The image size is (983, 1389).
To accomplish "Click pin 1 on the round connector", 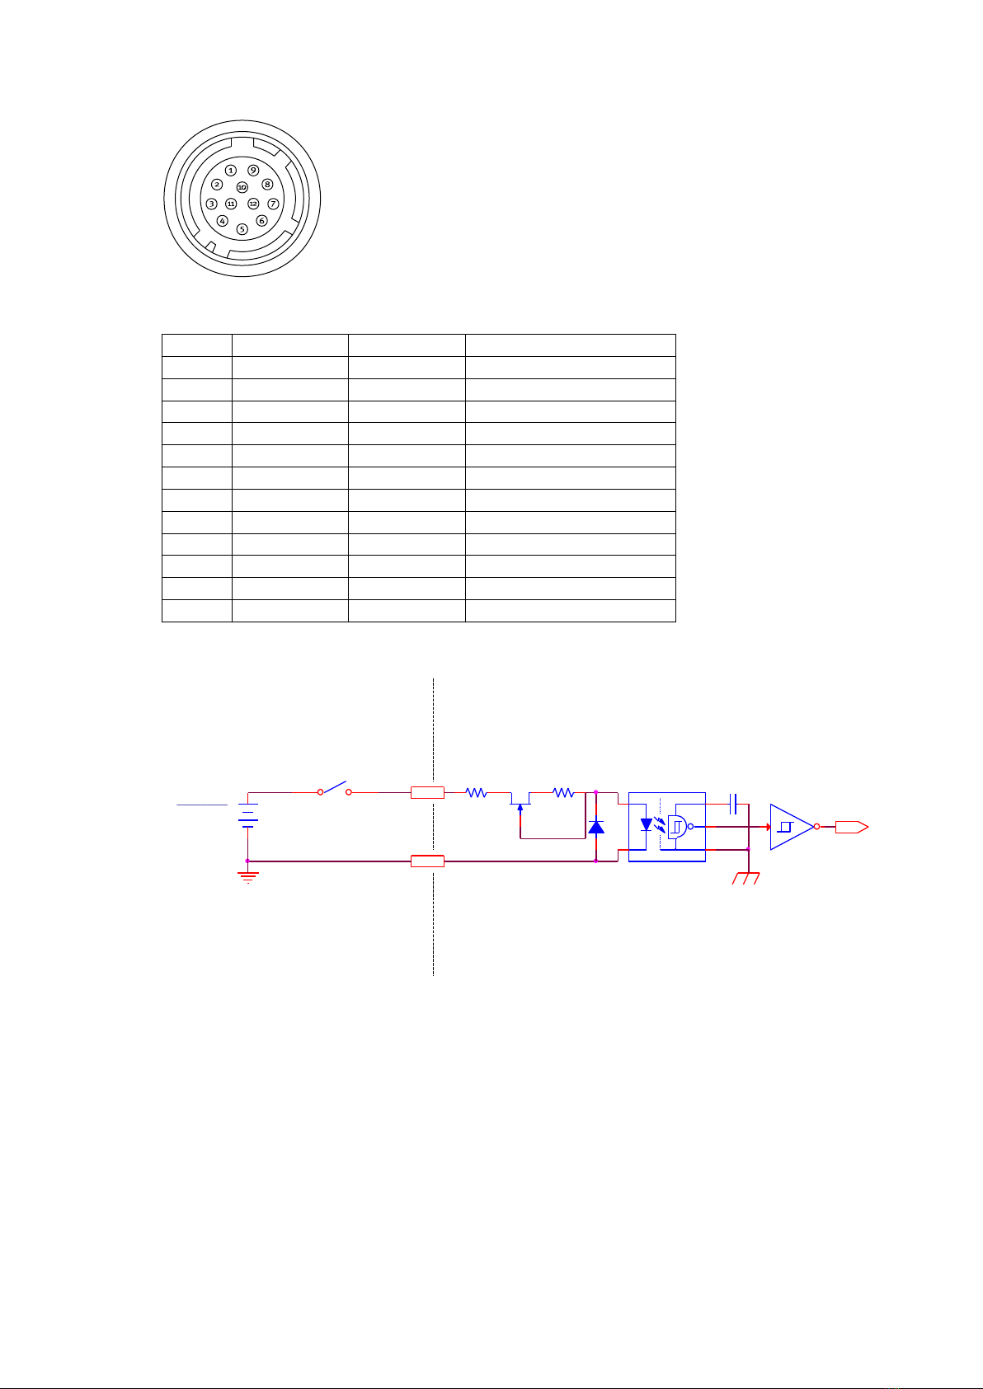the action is pos(231,170).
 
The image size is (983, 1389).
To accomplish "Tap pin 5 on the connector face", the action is pos(242,229).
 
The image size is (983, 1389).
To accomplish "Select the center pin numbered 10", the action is pos(242,186).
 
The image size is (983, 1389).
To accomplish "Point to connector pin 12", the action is pos(253,204).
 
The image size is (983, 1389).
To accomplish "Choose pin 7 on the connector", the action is pos(273,204).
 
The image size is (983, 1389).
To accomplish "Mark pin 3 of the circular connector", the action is pos(211,204).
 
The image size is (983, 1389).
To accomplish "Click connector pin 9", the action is pos(253,170).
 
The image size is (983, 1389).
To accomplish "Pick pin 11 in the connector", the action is pos(231,204).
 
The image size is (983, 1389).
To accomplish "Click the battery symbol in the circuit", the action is pos(248,815).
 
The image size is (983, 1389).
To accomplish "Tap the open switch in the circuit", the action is pos(334,788).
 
